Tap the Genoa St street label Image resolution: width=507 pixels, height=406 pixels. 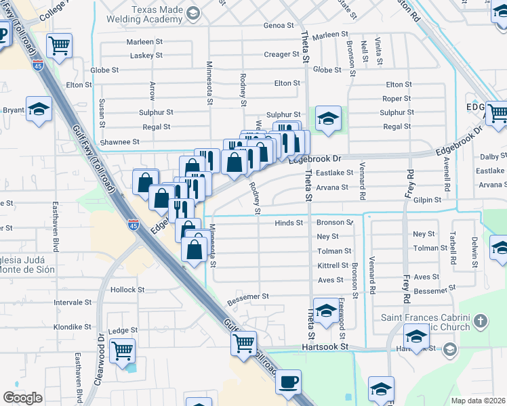pos(279,26)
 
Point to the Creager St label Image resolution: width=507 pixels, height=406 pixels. pos(277,55)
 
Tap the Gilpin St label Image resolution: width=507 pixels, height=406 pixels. pos(427,200)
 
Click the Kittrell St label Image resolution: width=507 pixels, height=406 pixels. pos(333,266)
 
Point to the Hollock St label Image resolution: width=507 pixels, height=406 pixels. pos(127,290)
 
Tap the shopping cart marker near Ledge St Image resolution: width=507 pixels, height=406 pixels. pos(123,351)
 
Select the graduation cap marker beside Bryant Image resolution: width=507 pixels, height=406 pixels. pos(39,108)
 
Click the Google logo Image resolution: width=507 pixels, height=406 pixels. pos(22,398)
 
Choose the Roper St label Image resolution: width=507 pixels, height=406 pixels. pos(397,99)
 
